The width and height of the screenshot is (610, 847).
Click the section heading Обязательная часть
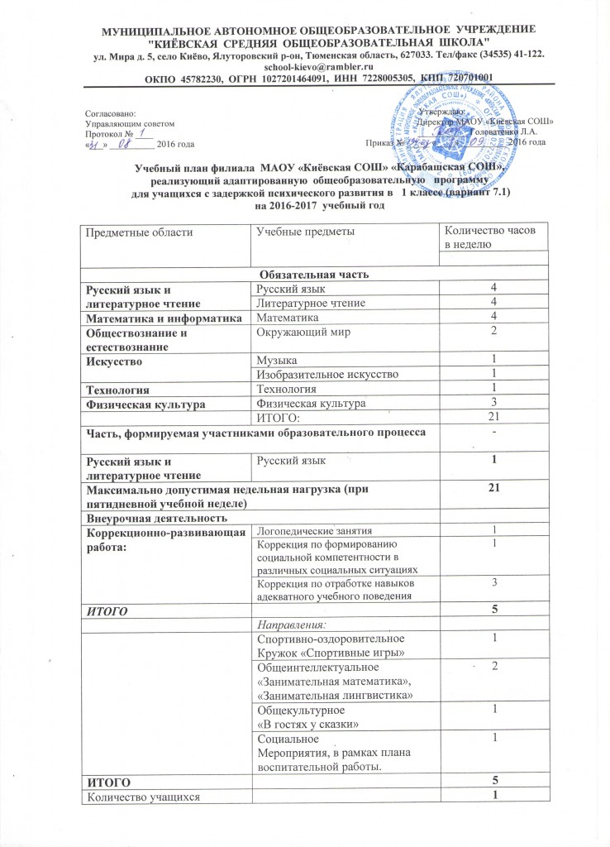pyautogui.click(x=306, y=274)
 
